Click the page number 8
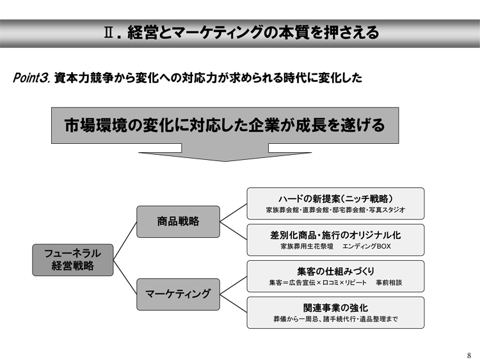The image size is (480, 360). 469,356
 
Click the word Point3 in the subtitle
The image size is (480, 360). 31,78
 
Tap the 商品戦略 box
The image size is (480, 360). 178,221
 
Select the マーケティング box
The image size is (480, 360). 178,294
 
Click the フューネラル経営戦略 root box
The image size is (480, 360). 73,260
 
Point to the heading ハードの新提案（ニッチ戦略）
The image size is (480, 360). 335,199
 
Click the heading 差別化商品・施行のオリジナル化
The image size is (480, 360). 335,235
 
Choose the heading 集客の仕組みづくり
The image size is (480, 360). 335,271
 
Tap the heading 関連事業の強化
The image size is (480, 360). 335,308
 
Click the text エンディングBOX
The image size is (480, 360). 367,246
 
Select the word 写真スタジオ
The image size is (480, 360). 387,210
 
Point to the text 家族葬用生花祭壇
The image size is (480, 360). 307,246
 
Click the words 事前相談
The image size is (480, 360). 388,283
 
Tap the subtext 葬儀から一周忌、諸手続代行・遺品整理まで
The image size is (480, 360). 335,319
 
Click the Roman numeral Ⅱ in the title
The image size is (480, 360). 108,33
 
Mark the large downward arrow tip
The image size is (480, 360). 225,161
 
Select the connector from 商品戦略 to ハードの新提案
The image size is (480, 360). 233,212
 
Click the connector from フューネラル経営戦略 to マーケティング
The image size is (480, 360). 125,277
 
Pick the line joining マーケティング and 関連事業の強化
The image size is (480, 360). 233,304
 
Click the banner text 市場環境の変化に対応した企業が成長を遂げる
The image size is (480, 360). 225,125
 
